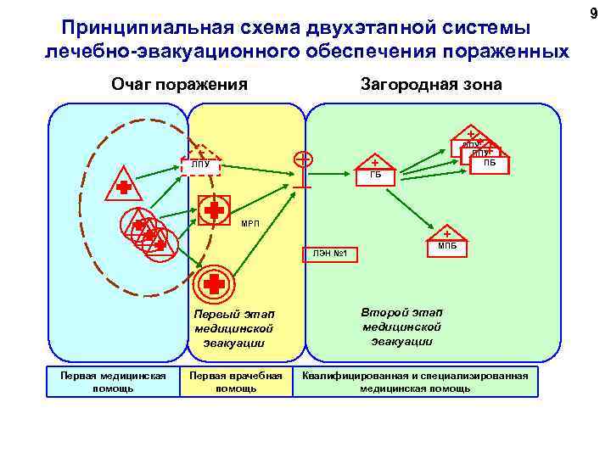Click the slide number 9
pos(594,12)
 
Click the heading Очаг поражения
pos(179,84)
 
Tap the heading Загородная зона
pos(431,84)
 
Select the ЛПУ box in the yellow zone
pos(201,165)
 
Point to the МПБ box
pos(447,246)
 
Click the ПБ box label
pos(490,163)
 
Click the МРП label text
pos(251,224)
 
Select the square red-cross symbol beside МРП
pos(214,210)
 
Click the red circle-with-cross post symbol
pos(302,160)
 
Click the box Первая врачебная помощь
pos(236,382)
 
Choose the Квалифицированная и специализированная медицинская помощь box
pos(415,382)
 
